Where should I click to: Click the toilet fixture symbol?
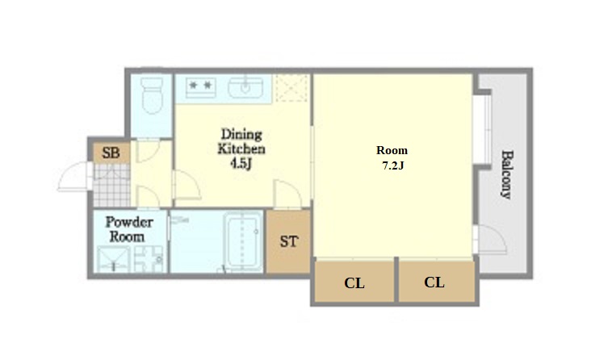(x=153, y=95)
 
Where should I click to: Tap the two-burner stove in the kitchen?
(x=200, y=87)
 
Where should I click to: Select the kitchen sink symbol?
(x=245, y=87)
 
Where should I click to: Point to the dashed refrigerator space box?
(x=291, y=88)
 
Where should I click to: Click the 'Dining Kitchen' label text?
(x=241, y=141)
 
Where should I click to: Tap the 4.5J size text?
(x=241, y=163)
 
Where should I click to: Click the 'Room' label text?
(x=392, y=150)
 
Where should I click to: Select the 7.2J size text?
(x=393, y=165)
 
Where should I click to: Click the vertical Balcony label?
(x=506, y=174)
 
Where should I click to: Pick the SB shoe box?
(x=111, y=153)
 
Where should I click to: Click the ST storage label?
(x=289, y=241)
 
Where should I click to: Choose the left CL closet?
(x=354, y=281)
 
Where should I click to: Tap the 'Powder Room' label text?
(x=129, y=229)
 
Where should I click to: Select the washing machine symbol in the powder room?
(x=113, y=259)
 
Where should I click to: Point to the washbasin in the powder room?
(x=149, y=259)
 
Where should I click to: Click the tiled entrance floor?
(x=112, y=185)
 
